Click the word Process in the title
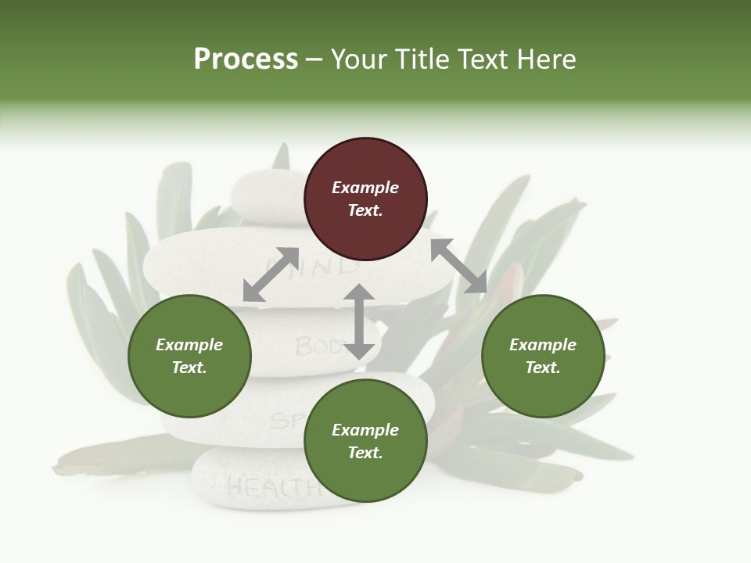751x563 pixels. click(246, 59)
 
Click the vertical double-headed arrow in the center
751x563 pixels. click(359, 321)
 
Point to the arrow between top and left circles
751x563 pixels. click(271, 274)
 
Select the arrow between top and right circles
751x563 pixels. click(459, 266)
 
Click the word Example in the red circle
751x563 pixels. click(365, 188)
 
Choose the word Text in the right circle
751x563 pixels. click(543, 368)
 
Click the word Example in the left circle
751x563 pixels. click(189, 345)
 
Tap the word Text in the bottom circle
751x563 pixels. click(365, 453)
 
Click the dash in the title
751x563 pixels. click(314, 60)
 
